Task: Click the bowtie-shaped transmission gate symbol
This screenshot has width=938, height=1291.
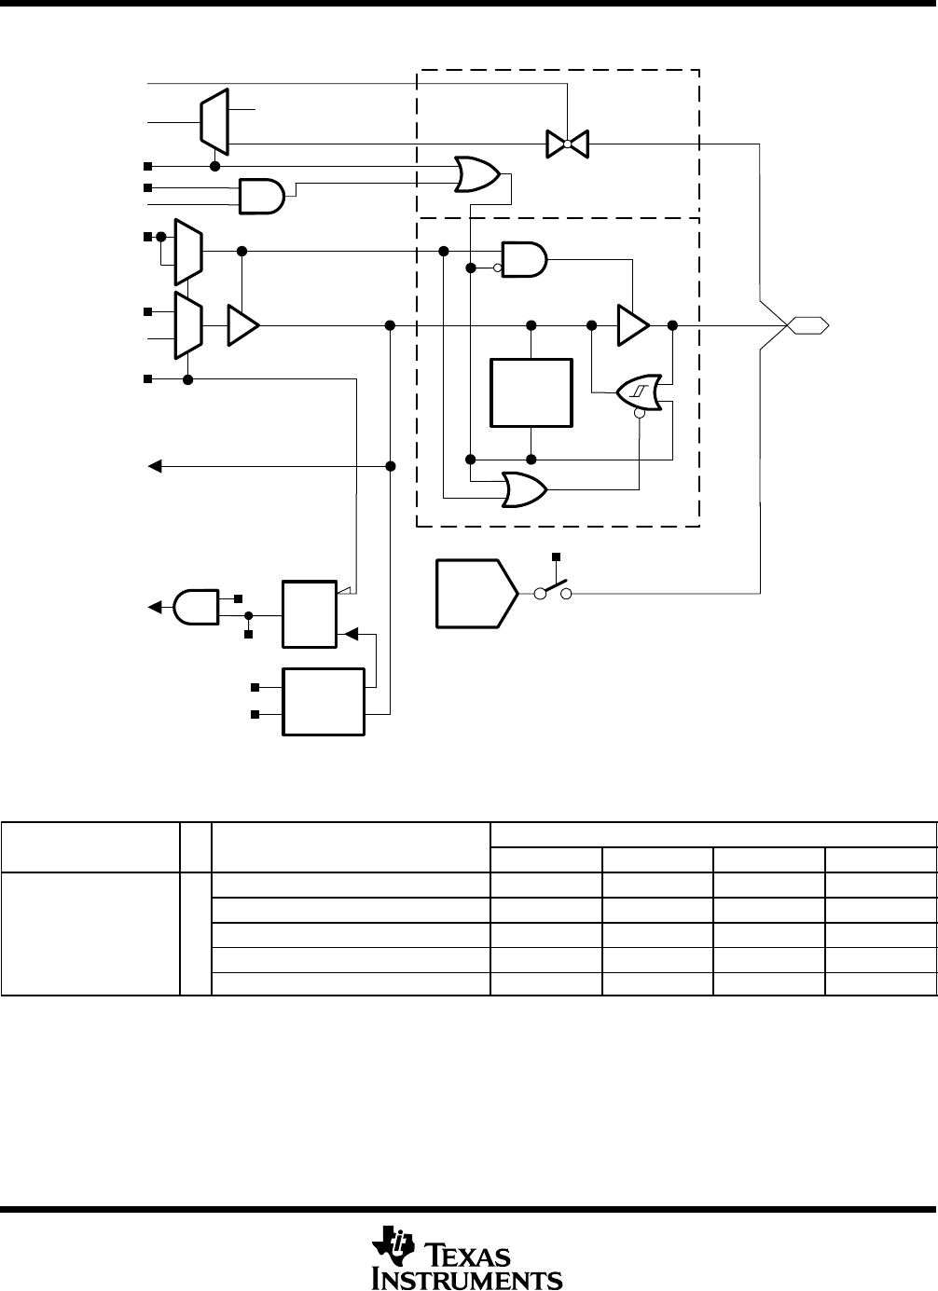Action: [567, 144]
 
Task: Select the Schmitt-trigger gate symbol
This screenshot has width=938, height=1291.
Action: [640, 392]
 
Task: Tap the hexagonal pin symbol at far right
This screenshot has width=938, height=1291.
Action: [807, 324]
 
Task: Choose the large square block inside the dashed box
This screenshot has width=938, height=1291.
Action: [531, 392]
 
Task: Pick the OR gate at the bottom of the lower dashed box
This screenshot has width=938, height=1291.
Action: [525, 488]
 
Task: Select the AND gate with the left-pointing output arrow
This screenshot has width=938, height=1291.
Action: [194, 606]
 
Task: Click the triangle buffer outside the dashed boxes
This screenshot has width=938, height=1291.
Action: [242, 325]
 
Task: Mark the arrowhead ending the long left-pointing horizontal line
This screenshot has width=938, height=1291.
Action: [156, 465]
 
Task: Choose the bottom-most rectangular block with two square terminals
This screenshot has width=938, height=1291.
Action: [324, 702]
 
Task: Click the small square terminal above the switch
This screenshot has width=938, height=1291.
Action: [557, 556]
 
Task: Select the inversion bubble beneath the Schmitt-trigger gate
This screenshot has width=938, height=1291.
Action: [639, 416]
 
